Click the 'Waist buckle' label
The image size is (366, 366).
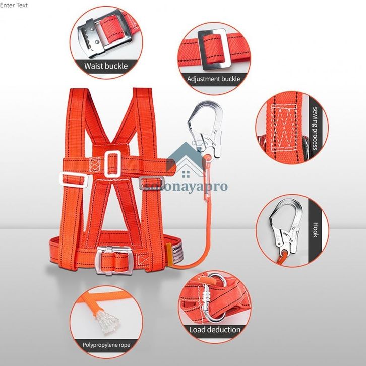tap(106, 66)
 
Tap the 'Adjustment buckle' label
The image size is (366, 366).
tap(213, 79)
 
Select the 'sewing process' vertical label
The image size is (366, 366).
tap(314, 129)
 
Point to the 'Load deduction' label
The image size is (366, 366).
tap(214, 330)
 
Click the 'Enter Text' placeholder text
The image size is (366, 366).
tap(14, 5)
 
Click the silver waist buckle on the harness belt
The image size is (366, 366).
tap(115, 261)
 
